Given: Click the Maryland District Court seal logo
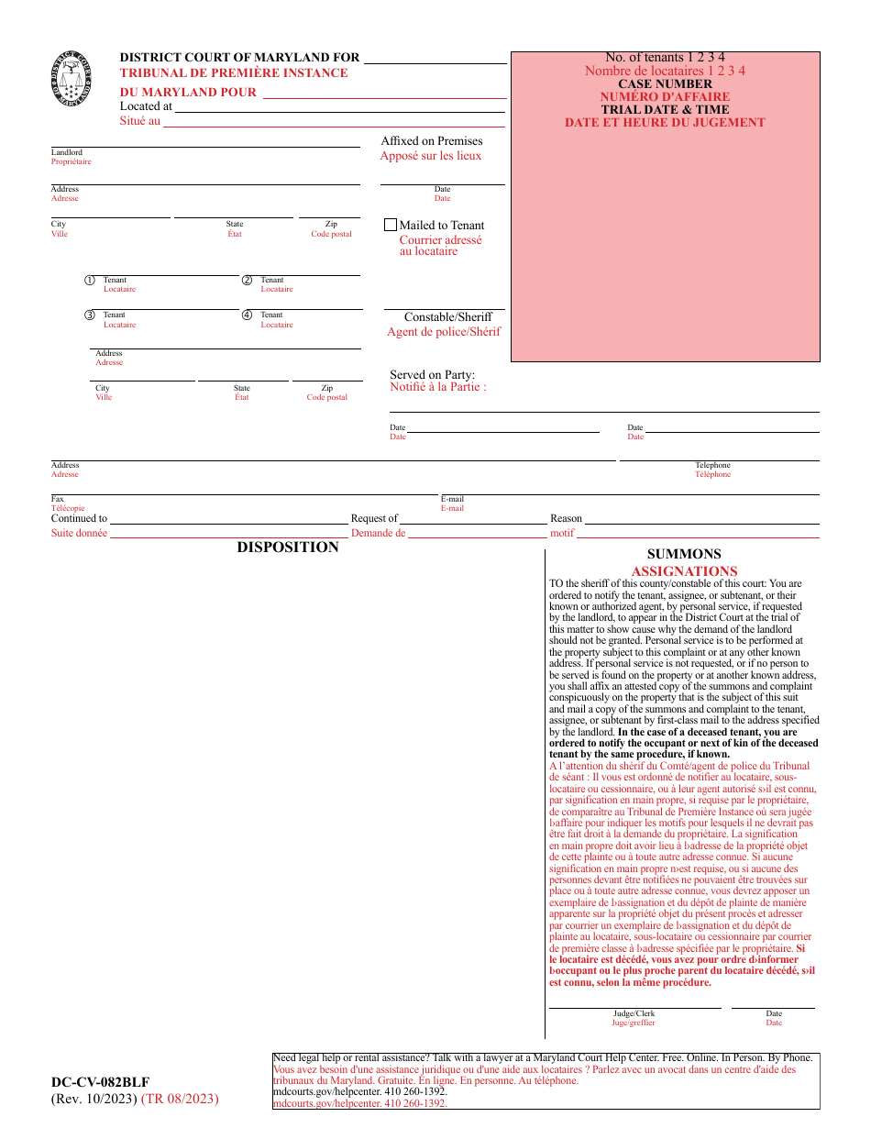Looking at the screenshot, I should point(72,79).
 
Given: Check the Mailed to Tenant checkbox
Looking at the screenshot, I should point(391,225).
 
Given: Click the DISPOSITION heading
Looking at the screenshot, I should point(288,547).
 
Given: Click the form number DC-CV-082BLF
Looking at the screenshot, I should point(101,1082).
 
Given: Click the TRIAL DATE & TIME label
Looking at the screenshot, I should point(665,109).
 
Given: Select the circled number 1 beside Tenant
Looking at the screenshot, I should point(90,281).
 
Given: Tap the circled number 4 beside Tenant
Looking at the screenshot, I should point(247,315).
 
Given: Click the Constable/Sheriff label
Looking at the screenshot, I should point(447,317).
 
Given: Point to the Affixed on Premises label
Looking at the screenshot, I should point(431,141).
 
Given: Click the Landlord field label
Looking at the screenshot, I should point(66,152).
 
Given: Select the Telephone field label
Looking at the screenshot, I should point(712,465).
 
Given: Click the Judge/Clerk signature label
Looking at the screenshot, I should point(634,1013).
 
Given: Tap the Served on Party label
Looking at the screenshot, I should point(432,374).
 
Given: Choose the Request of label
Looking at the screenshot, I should point(374,519).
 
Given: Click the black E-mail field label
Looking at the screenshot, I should point(452,499).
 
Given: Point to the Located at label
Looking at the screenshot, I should point(146,106).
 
